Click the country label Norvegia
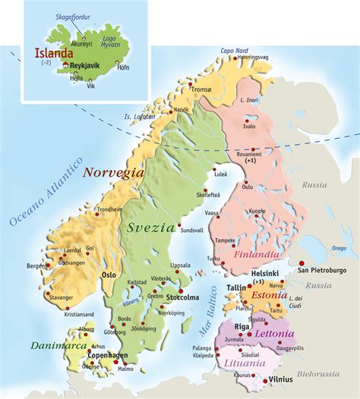[113, 173]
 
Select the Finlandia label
[257, 255]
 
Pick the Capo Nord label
[235, 51]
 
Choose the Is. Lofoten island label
[140, 116]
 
